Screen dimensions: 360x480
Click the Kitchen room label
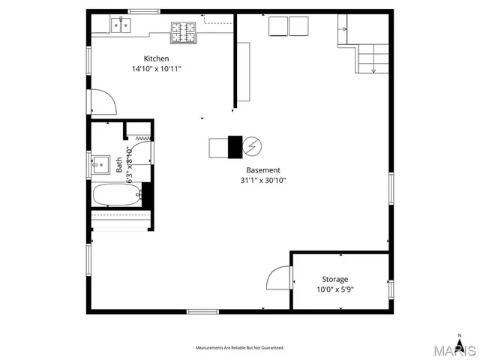[x=157, y=58]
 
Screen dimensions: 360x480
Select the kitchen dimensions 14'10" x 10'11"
[x=156, y=69]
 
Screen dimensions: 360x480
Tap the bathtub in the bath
[x=115, y=196]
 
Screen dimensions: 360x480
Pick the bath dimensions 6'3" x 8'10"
[x=129, y=165]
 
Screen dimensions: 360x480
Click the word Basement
[x=263, y=170]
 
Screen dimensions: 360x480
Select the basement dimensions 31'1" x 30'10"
[x=262, y=180]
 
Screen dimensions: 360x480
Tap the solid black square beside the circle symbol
[x=235, y=146]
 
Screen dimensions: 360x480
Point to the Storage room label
[x=334, y=279]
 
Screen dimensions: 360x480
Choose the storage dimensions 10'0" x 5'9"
[x=334, y=289]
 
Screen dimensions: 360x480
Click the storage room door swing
[x=279, y=278]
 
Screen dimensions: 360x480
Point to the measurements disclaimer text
[x=240, y=348]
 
